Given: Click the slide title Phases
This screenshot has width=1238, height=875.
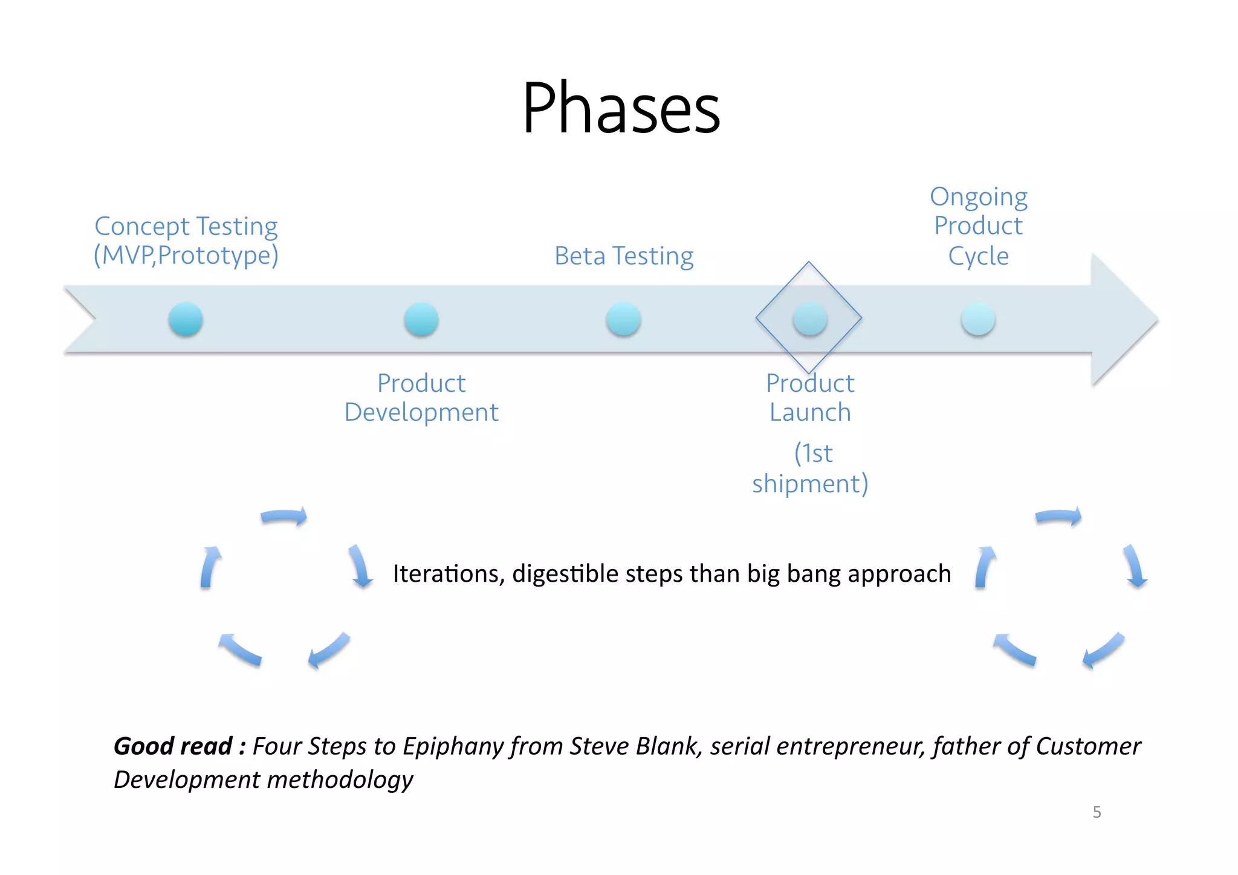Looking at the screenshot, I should tap(621, 109).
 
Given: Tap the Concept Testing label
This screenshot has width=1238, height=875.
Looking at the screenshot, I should tap(186, 227).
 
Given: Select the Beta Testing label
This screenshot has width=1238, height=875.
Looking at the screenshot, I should tap(624, 256).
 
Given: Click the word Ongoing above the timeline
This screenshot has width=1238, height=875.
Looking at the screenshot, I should tap(978, 198).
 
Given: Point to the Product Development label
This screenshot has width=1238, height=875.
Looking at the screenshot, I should tap(421, 398).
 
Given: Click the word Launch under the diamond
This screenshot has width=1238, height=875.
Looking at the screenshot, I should tap(810, 413).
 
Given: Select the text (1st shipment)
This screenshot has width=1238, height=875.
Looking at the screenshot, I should tap(810, 469).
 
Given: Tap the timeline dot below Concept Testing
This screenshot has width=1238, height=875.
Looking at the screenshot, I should tap(186, 319).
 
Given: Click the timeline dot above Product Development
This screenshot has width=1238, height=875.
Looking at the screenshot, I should tap(421, 319).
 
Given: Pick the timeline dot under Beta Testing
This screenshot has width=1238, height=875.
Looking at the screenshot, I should tap(623, 319).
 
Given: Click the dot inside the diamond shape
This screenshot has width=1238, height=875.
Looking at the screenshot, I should tap(810, 319).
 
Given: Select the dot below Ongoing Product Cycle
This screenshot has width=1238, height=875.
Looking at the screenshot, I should tap(978, 319).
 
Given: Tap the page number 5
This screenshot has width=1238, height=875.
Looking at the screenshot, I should tap(1097, 812).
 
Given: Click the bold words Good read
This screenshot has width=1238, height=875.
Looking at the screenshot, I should tap(173, 746).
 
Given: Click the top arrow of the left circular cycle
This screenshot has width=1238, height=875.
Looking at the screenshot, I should tap(284, 516).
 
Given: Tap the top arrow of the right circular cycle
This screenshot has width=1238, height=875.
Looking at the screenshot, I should tap(1058, 516).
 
